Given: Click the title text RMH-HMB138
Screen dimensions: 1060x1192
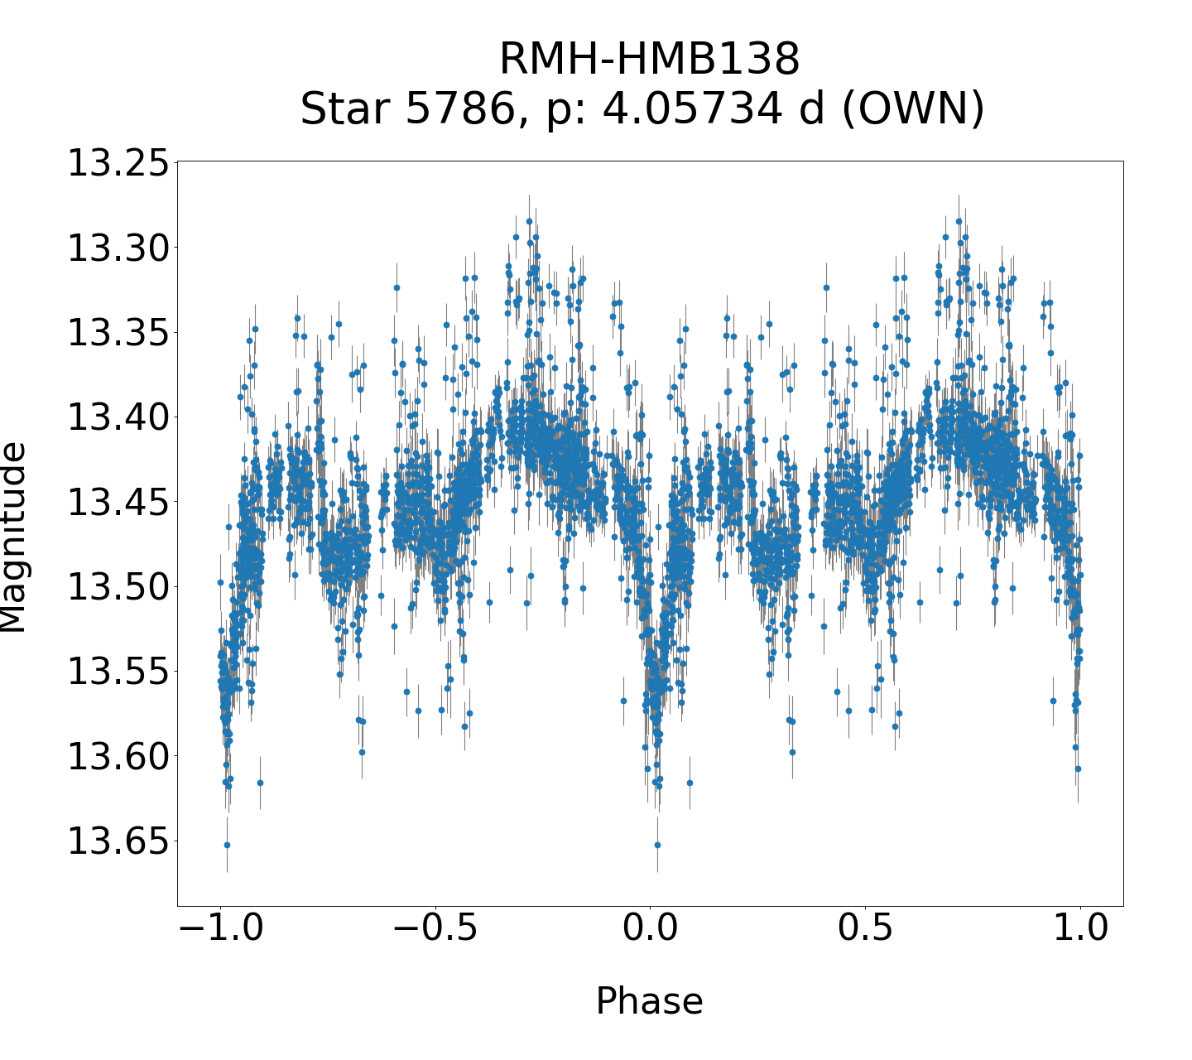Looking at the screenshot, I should [649, 60].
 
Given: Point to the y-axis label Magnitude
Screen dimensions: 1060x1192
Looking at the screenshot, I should [13, 537].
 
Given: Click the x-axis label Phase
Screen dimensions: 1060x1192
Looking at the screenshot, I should [649, 1001].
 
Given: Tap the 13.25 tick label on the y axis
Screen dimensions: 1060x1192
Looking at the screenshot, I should [117, 163].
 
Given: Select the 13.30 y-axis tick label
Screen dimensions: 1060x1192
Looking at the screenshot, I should [117, 248].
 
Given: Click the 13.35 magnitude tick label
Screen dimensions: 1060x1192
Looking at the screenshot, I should [117, 333].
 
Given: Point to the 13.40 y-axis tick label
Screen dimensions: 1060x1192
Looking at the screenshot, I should [117, 417].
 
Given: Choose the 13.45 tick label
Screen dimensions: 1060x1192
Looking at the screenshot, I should [117, 503].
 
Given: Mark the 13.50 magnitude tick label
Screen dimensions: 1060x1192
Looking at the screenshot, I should [117, 587].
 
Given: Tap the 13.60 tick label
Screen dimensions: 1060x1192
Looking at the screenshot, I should [117, 757].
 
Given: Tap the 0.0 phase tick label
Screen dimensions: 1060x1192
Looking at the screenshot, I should [650, 928].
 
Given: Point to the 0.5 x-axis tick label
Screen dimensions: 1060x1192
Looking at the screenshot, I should [865, 928].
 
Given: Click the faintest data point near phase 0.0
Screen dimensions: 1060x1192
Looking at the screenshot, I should [657, 845].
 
